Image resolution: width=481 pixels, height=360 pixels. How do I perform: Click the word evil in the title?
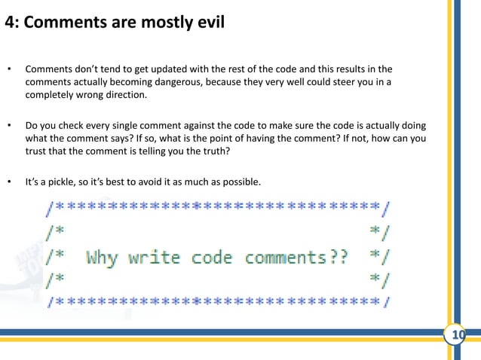tap(206, 22)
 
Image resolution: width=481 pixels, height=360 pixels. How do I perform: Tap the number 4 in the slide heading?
tap(10, 22)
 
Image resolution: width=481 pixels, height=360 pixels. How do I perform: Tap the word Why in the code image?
tap(103, 258)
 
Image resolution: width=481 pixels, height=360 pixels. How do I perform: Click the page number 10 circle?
tap(455, 335)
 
